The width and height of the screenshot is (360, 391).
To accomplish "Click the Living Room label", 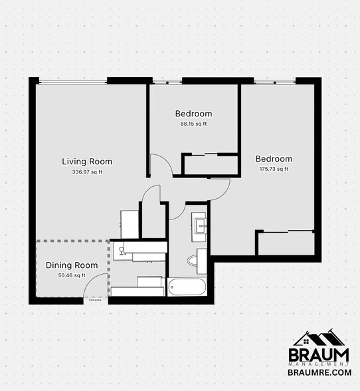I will click(87, 162).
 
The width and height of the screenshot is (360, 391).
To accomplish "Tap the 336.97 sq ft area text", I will click(87, 172).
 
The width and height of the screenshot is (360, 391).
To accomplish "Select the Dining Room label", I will click(72, 265).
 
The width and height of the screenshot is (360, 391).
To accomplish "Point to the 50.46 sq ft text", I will click(72, 275).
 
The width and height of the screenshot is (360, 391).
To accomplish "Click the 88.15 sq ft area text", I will click(193, 124).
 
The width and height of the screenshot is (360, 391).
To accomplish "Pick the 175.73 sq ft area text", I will click(274, 169).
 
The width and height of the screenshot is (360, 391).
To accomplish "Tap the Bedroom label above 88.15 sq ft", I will click(193, 114).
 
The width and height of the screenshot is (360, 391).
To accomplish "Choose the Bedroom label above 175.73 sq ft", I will click(274, 159).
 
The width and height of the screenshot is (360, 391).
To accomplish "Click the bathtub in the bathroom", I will click(188, 287).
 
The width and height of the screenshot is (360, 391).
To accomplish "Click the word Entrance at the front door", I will click(96, 300).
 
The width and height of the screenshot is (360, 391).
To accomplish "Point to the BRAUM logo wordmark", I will click(318, 354).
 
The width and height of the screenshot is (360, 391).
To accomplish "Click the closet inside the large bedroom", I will click(285, 243).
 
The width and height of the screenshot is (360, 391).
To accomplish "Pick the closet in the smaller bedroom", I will click(210, 165).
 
